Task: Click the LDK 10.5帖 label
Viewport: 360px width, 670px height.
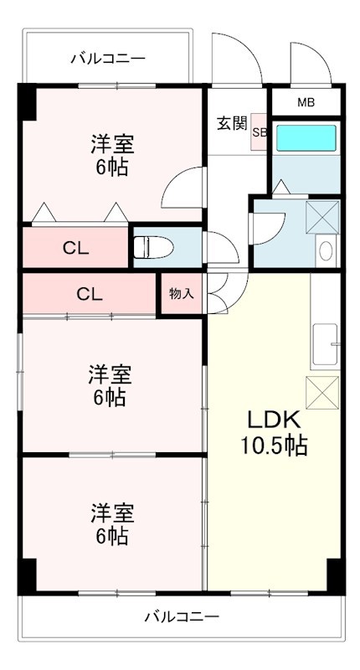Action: (275, 432)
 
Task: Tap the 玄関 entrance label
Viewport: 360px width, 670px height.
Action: (232, 124)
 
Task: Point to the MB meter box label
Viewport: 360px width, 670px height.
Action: (306, 103)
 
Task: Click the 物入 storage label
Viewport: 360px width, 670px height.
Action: (180, 293)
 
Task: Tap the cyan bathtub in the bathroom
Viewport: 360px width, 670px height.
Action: (306, 137)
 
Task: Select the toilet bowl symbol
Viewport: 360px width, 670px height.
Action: (149, 246)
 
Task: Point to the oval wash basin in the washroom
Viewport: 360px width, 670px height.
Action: (325, 250)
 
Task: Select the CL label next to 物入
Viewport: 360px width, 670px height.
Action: (90, 294)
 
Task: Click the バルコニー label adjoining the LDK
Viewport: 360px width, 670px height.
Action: (182, 617)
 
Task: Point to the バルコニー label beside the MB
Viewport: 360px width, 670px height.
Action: (107, 59)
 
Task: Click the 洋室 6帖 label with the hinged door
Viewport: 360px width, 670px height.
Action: (111, 155)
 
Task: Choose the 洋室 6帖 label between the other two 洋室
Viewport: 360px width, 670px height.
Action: (111, 384)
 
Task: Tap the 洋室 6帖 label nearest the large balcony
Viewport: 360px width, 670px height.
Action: (111, 523)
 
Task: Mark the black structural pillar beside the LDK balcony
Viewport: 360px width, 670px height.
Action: (335, 575)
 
